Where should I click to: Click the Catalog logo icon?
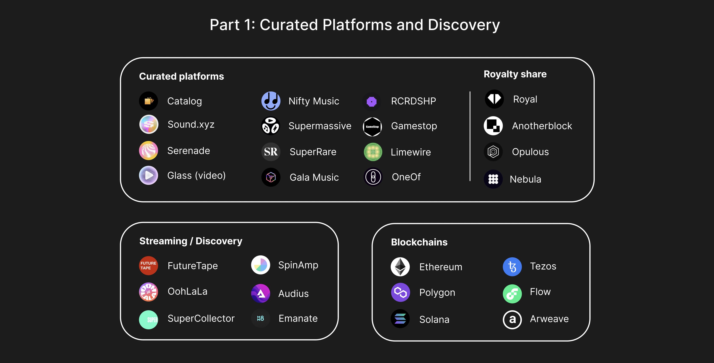coord(149,101)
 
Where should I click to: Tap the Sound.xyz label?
coord(191,124)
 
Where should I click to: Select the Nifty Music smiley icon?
coord(271,101)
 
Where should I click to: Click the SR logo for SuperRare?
coord(271,152)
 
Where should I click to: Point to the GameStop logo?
coord(372,127)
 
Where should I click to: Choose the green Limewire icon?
coord(373,152)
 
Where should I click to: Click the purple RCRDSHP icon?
coord(372,101)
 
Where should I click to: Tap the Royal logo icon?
coord(494,99)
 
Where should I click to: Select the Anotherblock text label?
coord(542,126)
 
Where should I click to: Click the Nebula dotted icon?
coord(493,179)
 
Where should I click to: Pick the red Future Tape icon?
coord(149,265)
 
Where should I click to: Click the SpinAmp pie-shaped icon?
coord(261,265)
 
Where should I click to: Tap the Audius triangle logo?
coord(261,293)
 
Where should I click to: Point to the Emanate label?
coord(298,318)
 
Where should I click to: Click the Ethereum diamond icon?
coord(400,267)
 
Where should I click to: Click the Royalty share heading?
coord(515,74)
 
